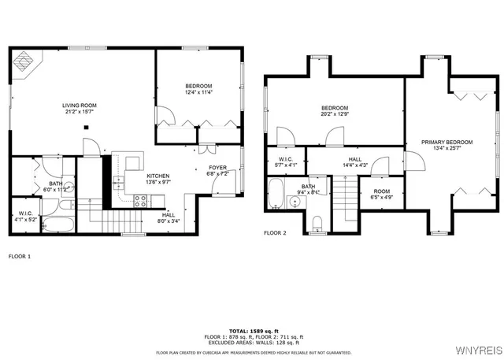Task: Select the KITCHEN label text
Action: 158,176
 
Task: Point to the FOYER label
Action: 217,168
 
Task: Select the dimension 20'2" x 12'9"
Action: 335,114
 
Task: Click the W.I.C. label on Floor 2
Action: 286,159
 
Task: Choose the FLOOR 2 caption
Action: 275,233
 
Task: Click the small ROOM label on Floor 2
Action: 381,191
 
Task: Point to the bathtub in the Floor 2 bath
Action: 276,193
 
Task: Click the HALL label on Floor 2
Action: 355,159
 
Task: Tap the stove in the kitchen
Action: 140,201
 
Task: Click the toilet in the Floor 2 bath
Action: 317,223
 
